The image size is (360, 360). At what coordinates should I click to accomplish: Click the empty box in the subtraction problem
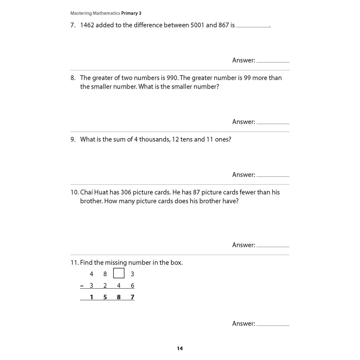pyautogui.click(x=119, y=273)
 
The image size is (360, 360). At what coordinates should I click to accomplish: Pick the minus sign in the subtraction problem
pyautogui.click(x=82, y=286)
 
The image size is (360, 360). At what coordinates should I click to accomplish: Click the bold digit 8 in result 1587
pyautogui.click(x=119, y=297)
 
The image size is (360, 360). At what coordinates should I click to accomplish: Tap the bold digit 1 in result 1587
pyautogui.click(x=92, y=297)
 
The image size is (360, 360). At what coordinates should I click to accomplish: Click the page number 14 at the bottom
pyautogui.click(x=180, y=348)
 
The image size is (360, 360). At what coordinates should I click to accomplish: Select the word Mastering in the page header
pyautogui.click(x=81, y=13)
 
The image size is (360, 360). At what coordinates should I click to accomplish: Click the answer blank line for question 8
pyautogui.click(x=273, y=123)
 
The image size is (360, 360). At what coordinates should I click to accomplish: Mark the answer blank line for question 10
pyautogui.click(x=273, y=246)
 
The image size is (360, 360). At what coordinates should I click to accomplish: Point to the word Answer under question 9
pyautogui.click(x=243, y=175)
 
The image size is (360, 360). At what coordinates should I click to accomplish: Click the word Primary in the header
pyautogui.click(x=129, y=13)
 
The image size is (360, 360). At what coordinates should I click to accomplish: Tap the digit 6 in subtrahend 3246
pyautogui.click(x=132, y=286)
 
